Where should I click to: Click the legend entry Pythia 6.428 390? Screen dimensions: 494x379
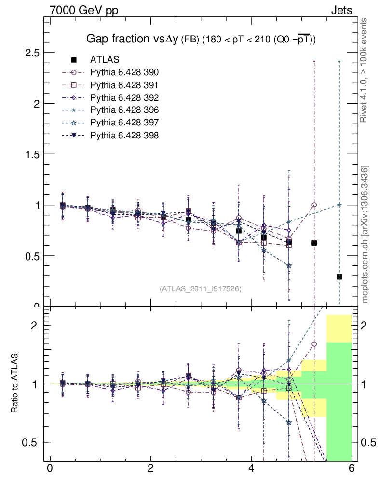click(124, 72)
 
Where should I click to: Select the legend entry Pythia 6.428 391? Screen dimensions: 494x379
click(124, 85)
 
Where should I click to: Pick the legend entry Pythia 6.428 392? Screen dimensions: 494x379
click(124, 97)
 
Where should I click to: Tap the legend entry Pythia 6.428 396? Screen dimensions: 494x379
click(124, 110)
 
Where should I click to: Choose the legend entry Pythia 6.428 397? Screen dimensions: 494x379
click(124, 123)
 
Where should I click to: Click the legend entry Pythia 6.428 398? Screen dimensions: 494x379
click(124, 135)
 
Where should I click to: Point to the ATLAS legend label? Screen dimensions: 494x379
click(105, 60)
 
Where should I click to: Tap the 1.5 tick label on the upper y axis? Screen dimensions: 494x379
click(32, 154)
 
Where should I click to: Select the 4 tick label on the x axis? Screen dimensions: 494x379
click(251, 468)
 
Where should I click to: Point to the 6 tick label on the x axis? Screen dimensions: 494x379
click(352, 468)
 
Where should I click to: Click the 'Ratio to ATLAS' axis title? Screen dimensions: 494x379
click(15, 384)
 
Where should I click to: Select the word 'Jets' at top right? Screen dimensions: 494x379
click(341, 10)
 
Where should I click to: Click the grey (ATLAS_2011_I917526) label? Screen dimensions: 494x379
click(201, 288)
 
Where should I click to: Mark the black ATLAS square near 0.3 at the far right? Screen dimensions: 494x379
click(339, 277)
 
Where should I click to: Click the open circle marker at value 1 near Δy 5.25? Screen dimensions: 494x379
click(314, 205)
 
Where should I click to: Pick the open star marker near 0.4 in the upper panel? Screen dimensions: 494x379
click(289, 266)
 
